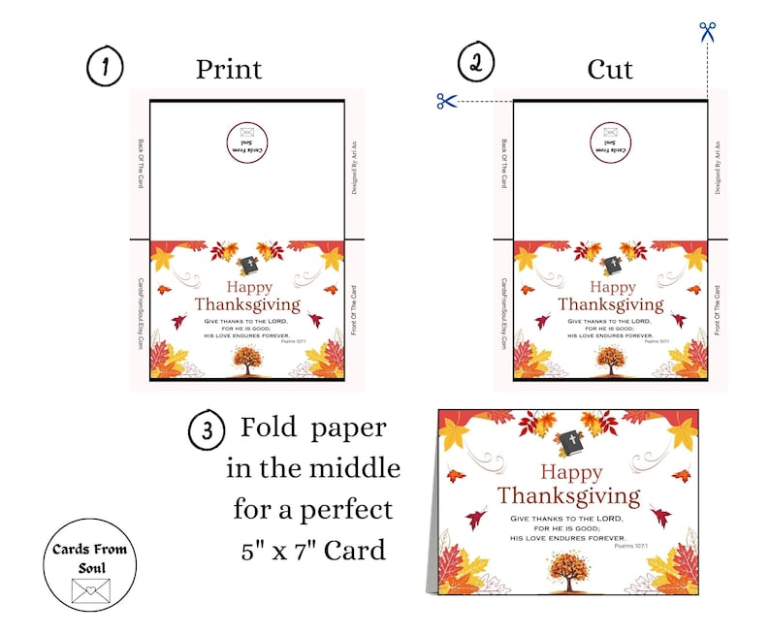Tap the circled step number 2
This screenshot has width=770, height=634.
[475, 64]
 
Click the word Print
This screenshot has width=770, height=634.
[229, 70]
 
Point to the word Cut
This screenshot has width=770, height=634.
[610, 70]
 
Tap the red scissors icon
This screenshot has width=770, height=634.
[446, 100]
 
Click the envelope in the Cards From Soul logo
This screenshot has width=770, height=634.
[90, 589]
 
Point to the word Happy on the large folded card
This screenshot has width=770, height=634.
[571, 472]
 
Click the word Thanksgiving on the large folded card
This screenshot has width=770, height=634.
[569, 496]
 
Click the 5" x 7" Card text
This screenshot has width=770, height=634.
[313, 551]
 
